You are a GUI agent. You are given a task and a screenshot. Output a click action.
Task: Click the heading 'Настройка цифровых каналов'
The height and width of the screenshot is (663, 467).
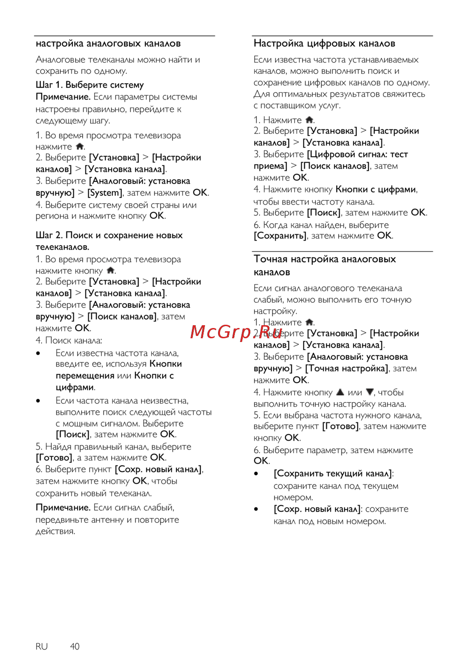(324, 43)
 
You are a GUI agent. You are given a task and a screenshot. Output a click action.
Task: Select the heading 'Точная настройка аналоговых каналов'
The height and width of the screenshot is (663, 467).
(324, 265)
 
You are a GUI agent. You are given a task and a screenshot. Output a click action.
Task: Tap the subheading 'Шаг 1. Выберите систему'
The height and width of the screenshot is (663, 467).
(90, 85)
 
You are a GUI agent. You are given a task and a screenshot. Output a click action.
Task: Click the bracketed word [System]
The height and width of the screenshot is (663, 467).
(105, 192)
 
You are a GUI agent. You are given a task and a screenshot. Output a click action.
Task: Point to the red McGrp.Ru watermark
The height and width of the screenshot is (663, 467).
(236, 332)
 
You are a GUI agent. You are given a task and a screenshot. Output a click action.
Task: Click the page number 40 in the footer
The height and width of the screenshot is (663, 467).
(75, 646)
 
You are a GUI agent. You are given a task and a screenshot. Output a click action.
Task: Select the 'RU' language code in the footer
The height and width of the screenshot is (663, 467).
(42, 646)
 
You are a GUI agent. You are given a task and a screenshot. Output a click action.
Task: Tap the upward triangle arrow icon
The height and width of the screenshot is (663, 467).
(340, 392)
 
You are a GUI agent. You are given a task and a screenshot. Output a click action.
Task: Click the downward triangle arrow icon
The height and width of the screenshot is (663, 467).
(369, 392)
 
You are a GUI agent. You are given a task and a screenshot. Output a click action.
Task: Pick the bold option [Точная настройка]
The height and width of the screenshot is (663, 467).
(347, 369)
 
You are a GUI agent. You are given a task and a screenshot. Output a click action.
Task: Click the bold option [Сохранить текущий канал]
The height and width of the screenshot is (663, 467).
(333, 473)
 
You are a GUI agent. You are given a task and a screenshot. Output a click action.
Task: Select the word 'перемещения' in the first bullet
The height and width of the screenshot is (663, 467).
(85, 376)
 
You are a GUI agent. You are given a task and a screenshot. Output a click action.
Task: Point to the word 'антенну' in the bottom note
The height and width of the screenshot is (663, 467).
(107, 520)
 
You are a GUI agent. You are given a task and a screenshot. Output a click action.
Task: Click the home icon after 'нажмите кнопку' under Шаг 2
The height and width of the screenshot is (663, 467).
(111, 271)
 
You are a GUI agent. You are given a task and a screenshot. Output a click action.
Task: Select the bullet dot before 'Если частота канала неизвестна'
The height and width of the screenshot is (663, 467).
(38, 401)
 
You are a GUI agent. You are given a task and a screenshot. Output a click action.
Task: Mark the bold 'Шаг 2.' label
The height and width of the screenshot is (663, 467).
(49, 235)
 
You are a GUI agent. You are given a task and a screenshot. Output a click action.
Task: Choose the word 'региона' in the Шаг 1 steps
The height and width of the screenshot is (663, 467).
(52, 216)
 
